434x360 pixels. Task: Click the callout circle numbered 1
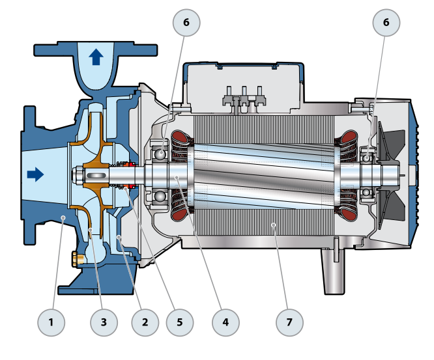point(53,322)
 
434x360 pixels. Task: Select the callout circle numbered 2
point(145,322)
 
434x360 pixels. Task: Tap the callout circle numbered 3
point(103,322)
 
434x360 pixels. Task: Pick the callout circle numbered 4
point(225,322)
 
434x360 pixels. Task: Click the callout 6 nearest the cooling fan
point(386,23)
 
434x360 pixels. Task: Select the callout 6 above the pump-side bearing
point(186,23)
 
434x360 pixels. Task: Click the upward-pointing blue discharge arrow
point(96,56)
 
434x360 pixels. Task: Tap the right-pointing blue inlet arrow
point(35,174)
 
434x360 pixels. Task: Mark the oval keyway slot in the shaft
point(99,176)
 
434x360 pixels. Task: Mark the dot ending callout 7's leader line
point(274,225)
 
